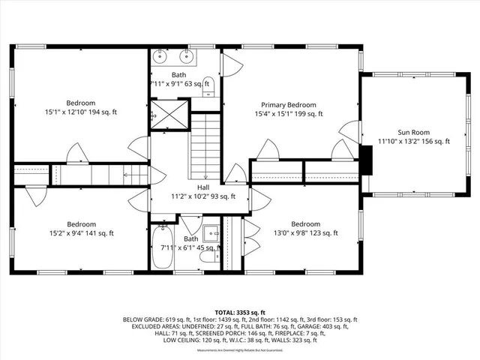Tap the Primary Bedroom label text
[x=289, y=105]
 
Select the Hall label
[x=203, y=187]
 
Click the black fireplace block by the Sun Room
[x=367, y=159]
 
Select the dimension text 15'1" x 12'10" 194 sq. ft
[x=81, y=112]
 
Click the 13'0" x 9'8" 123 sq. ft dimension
[x=304, y=233]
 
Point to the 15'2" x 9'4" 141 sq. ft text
[x=81, y=233]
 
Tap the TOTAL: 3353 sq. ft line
[x=240, y=312]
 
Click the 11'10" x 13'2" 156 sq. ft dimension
[x=414, y=141]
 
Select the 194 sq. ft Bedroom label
[x=81, y=103]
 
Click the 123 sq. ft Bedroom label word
[x=305, y=224]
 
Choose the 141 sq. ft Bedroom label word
[x=81, y=224]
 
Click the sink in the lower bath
[x=210, y=231]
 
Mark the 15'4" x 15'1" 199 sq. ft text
[x=289, y=114]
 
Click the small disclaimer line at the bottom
[x=240, y=350]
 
